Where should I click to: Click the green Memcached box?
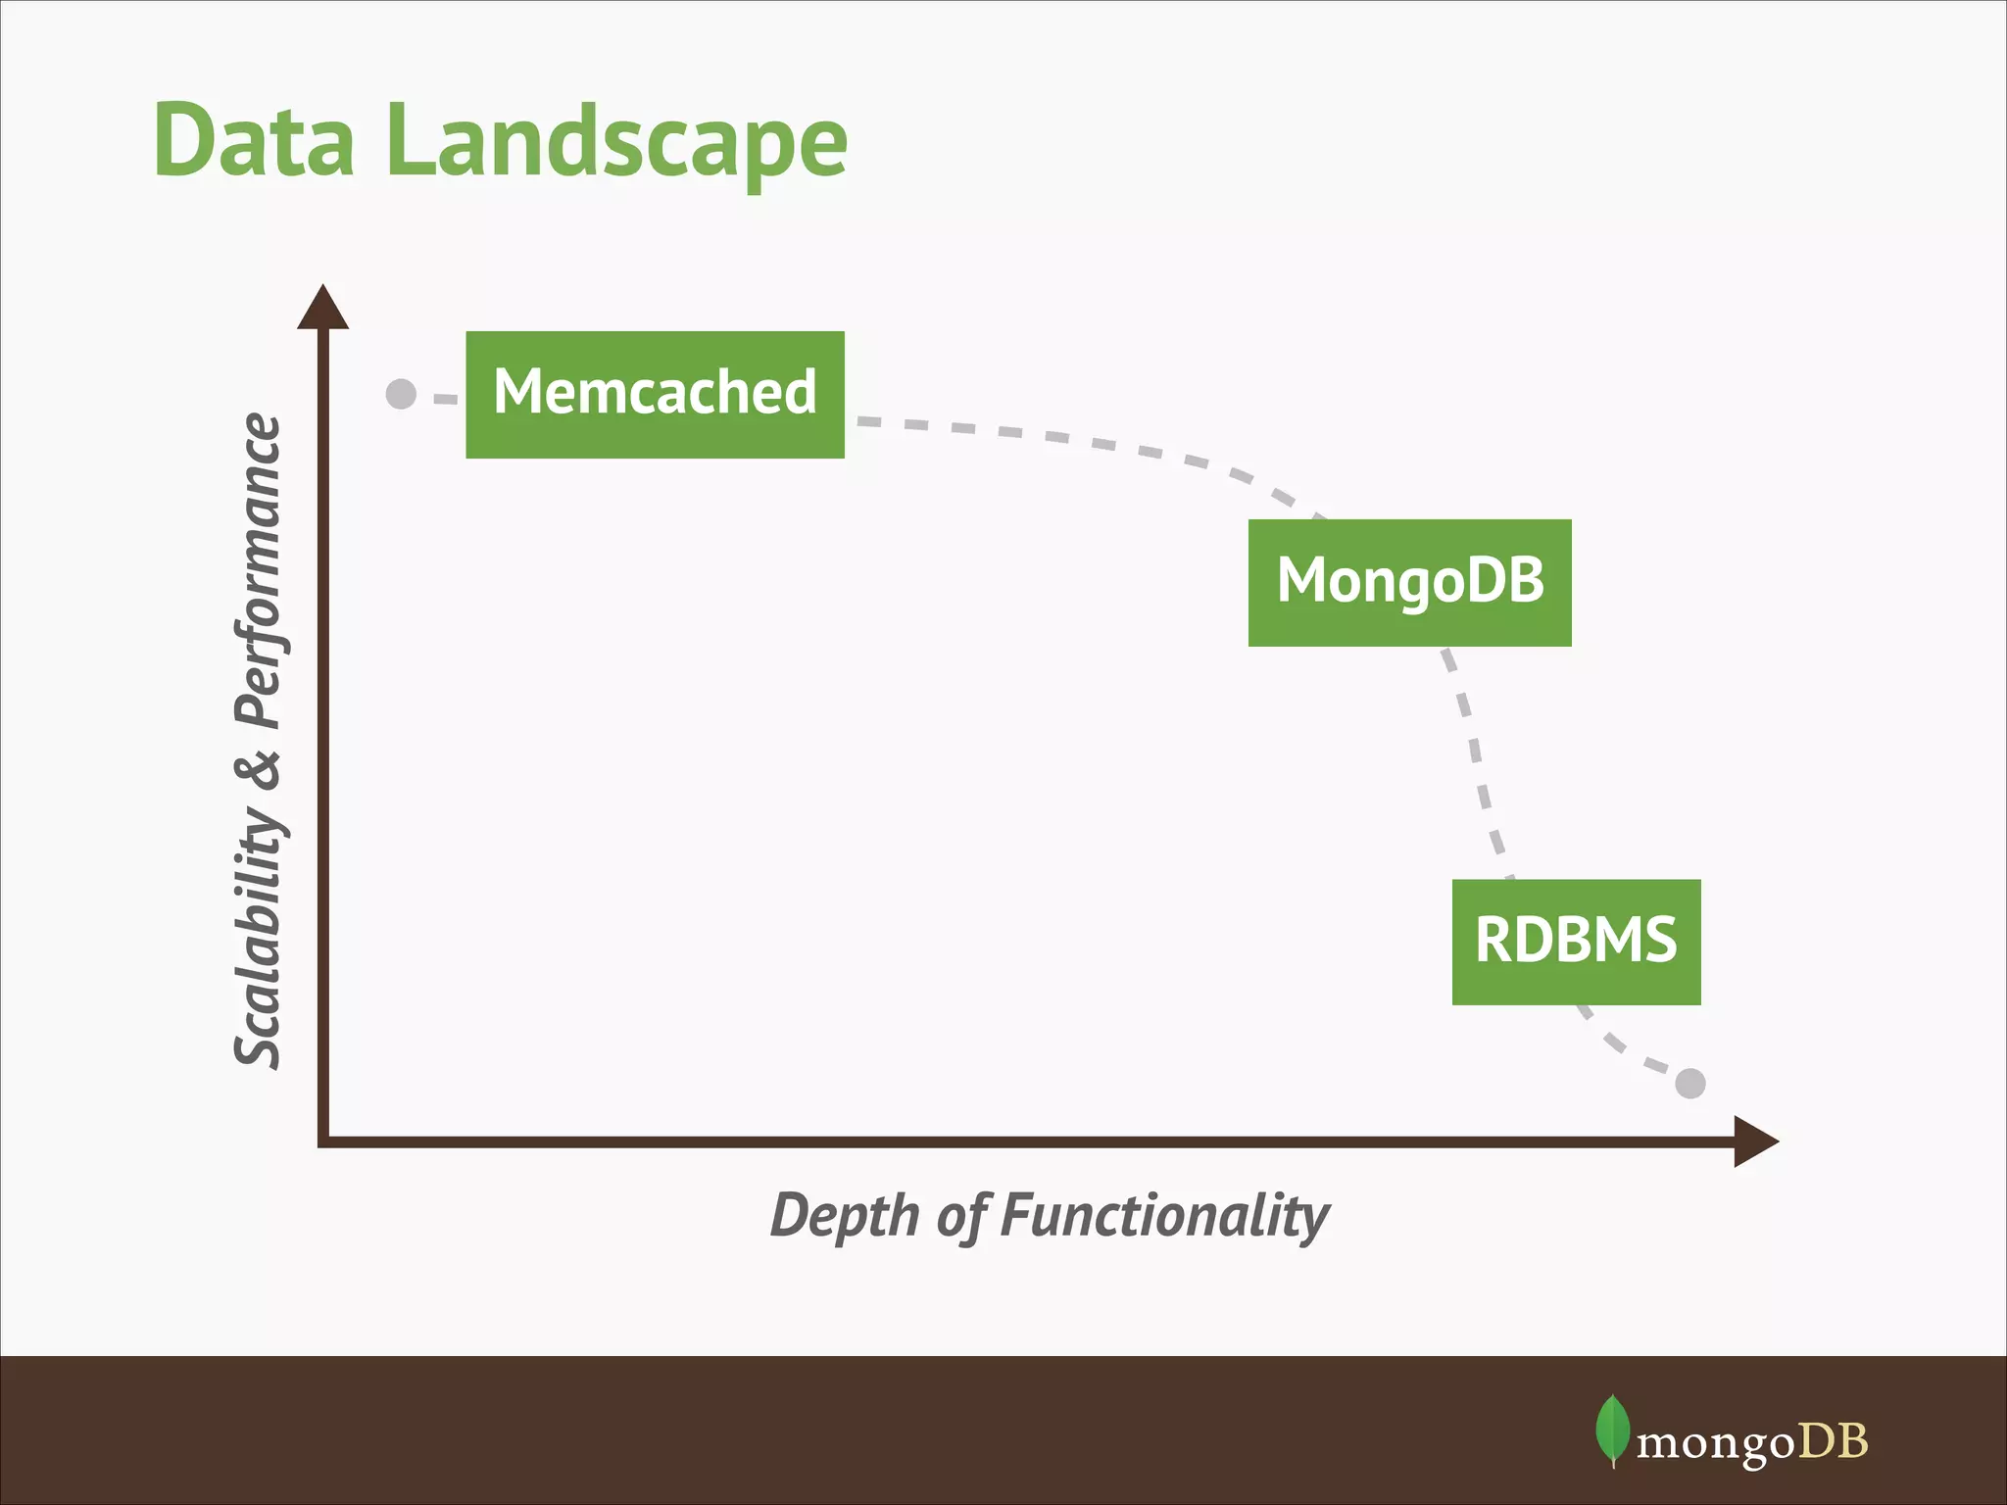tap(655, 394)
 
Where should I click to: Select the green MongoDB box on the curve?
tap(1409, 582)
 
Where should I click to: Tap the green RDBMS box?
tap(1576, 942)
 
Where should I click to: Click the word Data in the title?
tap(254, 141)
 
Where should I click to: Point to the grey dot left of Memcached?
tap(401, 394)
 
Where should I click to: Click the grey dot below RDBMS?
tap(1690, 1084)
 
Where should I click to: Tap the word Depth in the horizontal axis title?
tap(844, 1216)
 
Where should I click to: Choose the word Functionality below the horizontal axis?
tap(1165, 1216)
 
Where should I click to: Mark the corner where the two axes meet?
tap(323, 1141)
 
